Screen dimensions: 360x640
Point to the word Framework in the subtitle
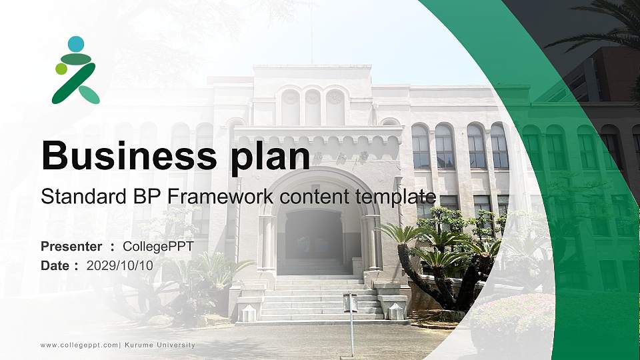tap(220, 197)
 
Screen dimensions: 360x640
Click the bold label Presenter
tap(71, 247)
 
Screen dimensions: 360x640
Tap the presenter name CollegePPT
tap(158, 247)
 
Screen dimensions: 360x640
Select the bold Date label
tap(55, 265)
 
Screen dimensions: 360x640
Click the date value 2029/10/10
tap(120, 265)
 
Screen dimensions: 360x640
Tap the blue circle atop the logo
tap(76, 44)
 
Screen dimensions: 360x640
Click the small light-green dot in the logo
tap(61, 69)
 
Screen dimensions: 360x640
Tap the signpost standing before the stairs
tap(351, 313)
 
